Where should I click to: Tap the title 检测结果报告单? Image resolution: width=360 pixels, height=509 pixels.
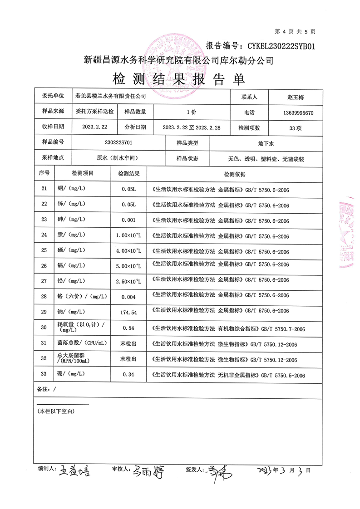[179, 79]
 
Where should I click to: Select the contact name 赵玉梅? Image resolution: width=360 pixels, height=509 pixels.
[298, 97]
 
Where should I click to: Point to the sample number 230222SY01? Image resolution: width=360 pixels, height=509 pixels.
[118, 142]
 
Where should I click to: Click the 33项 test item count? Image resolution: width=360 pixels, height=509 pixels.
[298, 128]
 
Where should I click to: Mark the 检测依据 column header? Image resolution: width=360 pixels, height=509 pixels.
[234, 174]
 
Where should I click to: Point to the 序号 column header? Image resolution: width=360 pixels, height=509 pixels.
[44, 173]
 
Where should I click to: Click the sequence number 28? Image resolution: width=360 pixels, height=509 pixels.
[44, 296]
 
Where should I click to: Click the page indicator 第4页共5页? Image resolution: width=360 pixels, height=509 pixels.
[295, 31]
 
